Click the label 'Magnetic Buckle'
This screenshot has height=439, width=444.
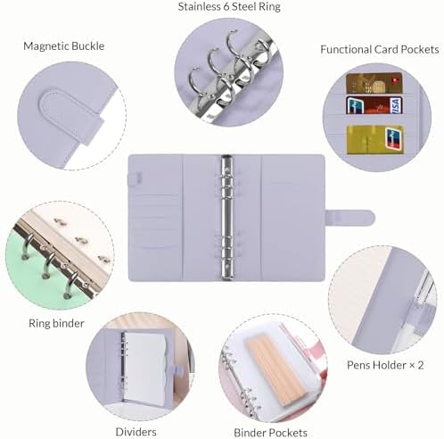click(x=64, y=46)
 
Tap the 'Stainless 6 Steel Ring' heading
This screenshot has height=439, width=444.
click(x=229, y=6)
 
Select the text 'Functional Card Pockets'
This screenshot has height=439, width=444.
click(x=380, y=49)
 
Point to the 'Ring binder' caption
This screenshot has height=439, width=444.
click(x=56, y=323)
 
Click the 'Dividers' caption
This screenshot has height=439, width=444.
click(x=136, y=432)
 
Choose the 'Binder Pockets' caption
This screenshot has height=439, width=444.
click(x=270, y=433)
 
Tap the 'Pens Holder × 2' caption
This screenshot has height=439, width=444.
click(x=385, y=365)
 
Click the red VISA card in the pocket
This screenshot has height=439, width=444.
click(x=374, y=105)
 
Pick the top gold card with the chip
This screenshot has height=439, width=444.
click(x=374, y=83)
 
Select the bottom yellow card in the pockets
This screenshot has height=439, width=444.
click(x=375, y=140)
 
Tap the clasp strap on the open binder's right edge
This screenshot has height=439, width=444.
click(x=350, y=217)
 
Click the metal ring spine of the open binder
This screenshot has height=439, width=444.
click(x=226, y=218)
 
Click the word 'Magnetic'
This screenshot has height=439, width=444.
click(x=45, y=46)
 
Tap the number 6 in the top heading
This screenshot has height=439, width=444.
click(x=226, y=6)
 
